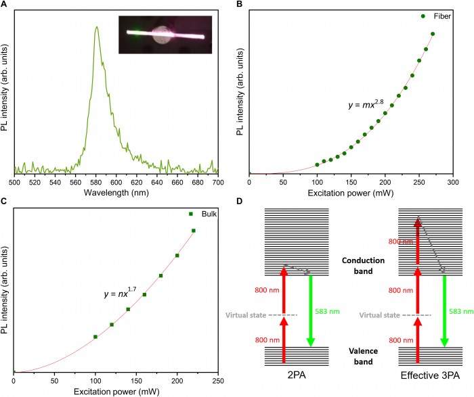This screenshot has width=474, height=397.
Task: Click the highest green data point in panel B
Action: [x=433, y=34]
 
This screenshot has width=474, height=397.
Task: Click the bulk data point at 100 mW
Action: [x=95, y=336]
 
